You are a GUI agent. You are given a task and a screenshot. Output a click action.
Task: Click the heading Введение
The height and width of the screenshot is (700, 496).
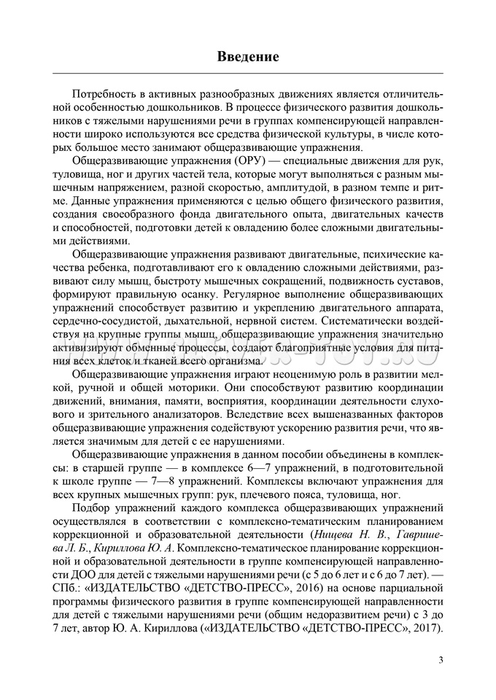(248, 56)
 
